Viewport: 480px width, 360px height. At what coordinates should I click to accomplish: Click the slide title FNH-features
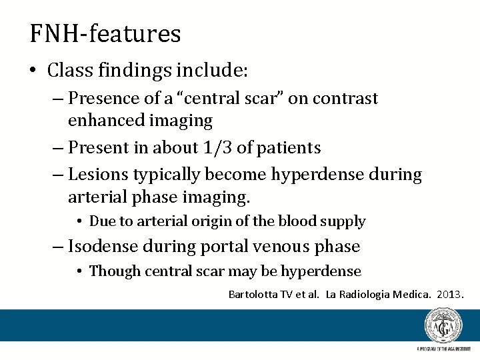105,33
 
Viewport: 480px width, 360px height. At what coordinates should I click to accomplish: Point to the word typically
169,175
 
